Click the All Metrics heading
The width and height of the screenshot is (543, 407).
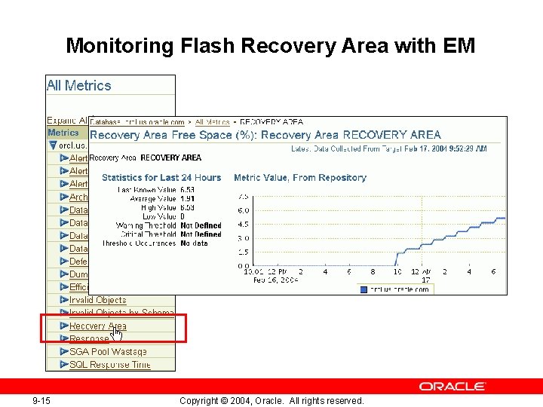[x=78, y=86]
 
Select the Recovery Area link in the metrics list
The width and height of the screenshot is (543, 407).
[x=97, y=326]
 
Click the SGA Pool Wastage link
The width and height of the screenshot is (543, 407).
[x=108, y=352]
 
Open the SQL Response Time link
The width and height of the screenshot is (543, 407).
[x=109, y=365]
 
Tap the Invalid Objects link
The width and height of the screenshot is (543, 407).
[x=97, y=300]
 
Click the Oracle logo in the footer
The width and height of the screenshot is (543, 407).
[x=452, y=387]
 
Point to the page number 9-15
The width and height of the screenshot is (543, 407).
[x=41, y=401]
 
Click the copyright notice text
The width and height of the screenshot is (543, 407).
[x=271, y=401]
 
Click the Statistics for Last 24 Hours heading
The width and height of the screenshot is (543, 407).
[x=161, y=178]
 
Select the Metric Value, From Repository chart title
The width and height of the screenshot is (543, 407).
[x=300, y=178]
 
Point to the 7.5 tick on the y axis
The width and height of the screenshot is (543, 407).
[x=243, y=196]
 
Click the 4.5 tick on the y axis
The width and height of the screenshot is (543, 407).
[x=243, y=225]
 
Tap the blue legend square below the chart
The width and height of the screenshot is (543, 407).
[x=364, y=289]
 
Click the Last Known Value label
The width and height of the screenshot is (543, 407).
[x=147, y=190]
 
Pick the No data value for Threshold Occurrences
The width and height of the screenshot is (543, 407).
[x=195, y=243]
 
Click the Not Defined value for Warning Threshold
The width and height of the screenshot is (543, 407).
[x=201, y=225]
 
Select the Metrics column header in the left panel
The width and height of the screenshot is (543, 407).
[x=63, y=133]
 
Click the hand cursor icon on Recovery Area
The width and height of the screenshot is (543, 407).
[x=116, y=332]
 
